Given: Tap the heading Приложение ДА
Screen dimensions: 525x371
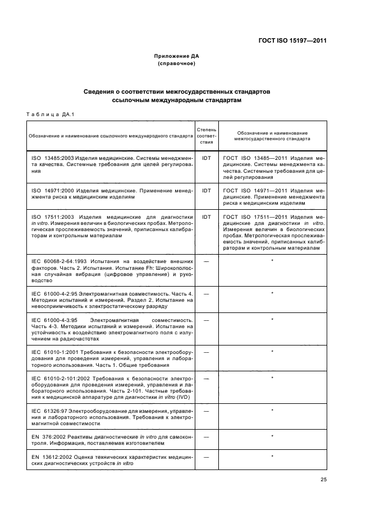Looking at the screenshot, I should coord(176,56).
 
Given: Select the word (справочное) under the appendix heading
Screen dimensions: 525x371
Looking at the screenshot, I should coord(176,63).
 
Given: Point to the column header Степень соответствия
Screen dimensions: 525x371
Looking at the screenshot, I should coord(206,136).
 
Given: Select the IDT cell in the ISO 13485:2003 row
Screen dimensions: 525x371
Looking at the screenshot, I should coord(206,159).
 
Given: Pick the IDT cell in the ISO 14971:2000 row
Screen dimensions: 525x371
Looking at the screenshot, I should coord(206,191).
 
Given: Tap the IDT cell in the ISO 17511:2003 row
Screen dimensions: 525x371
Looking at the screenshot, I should coord(206,217).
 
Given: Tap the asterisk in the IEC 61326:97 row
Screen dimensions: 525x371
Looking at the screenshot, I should coord(272,411).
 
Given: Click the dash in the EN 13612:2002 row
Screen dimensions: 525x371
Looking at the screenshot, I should coord(206,457).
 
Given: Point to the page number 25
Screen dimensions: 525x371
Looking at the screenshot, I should coord(323,479).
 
